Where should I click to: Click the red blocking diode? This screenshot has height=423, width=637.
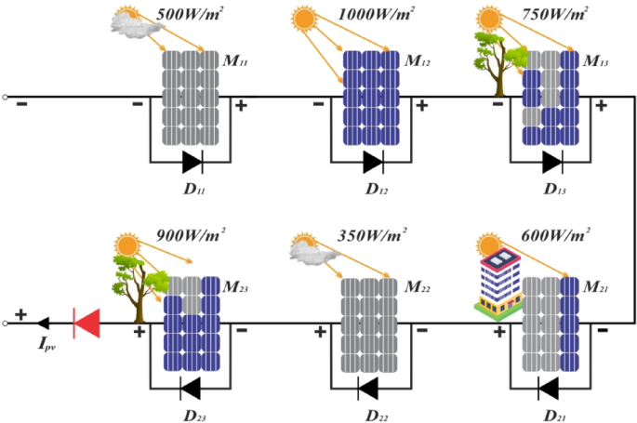click(x=86, y=324)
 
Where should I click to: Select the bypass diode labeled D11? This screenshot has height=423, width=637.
click(x=192, y=163)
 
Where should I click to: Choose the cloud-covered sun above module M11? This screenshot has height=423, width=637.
click(x=134, y=22)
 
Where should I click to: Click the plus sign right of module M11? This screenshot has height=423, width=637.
click(x=241, y=106)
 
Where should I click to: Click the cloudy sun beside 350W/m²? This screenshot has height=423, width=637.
click(x=305, y=247)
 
